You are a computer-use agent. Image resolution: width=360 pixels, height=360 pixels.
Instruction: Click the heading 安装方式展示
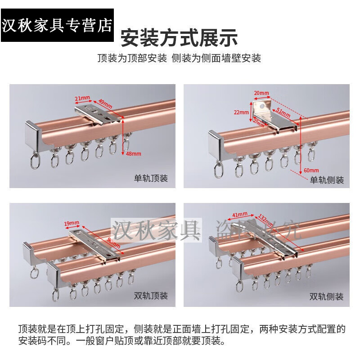[179, 37]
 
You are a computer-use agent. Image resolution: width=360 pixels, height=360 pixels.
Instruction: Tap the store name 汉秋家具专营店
[57, 25]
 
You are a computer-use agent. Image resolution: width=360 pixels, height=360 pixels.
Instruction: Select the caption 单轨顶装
[151, 179]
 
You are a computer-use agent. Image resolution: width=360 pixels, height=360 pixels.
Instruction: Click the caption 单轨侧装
[327, 180]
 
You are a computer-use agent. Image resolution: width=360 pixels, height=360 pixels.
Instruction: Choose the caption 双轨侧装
[327, 297]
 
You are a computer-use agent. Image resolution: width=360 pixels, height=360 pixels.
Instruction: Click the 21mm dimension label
[82, 98]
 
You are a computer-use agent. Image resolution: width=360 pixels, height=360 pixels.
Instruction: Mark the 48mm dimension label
[134, 153]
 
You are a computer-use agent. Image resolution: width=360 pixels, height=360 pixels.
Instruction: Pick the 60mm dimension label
[311, 170]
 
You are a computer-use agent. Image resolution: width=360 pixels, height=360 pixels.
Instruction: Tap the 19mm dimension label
[72, 222]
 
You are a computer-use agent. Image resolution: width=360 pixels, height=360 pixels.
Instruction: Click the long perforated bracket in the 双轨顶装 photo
[94, 243]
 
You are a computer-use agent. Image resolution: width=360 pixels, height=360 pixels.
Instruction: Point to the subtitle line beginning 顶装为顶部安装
[179, 58]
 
